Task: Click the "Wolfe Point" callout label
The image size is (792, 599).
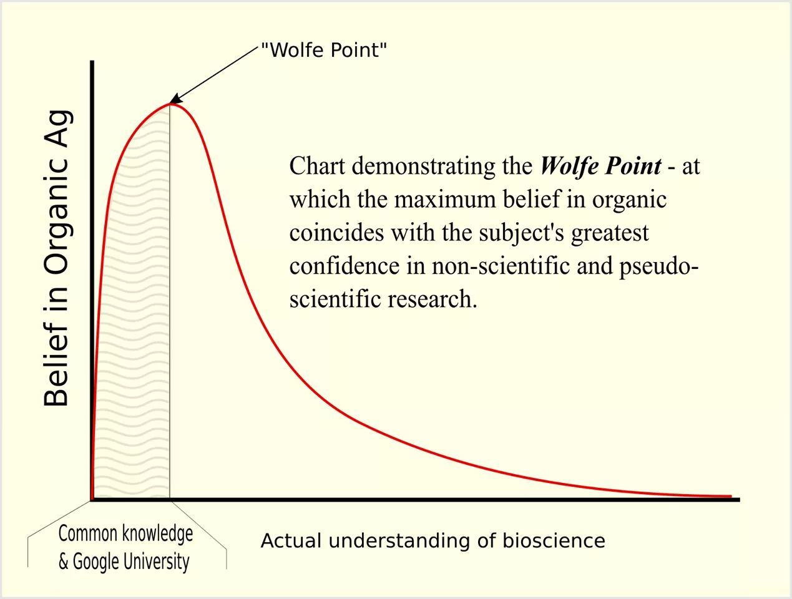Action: (x=323, y=50)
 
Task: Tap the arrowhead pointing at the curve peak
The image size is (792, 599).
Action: (x=175, y=99)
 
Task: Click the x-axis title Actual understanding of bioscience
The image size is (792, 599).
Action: (x=433, y=540)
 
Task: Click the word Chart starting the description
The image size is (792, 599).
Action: (x=317, y=166)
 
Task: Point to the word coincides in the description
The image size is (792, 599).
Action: (x=336, y=233)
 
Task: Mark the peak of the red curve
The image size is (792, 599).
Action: (x=170, y=104)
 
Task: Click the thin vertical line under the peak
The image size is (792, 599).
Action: (x=170, y=312)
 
